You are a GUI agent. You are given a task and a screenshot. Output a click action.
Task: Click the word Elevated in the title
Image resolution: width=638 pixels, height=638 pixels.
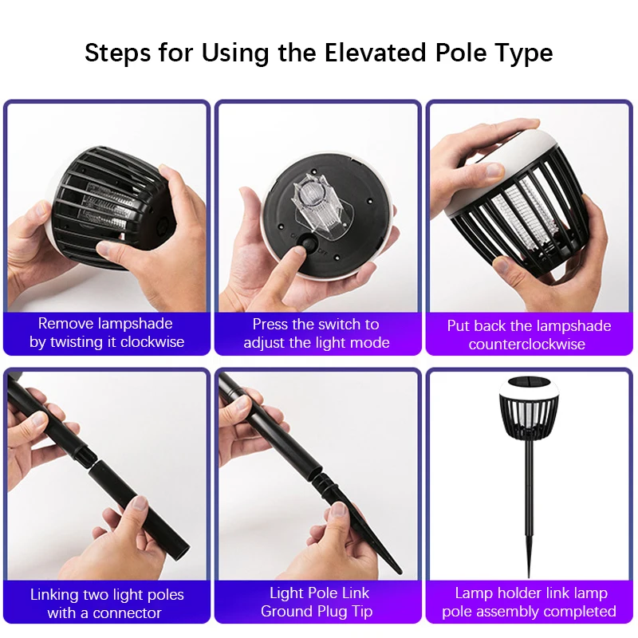coord(375,53)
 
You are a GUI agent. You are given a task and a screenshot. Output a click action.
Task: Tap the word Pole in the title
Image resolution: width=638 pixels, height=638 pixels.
coord(461,53)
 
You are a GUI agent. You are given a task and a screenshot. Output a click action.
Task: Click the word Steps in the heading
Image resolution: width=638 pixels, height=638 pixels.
coord(117,53)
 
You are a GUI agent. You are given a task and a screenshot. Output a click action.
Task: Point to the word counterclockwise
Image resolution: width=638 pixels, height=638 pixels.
coord(527,345)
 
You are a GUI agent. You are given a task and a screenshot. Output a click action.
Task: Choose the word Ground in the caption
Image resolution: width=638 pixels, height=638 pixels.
coord(286,611)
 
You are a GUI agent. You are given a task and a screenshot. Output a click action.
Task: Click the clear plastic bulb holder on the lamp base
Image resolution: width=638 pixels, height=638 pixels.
coord(321,207)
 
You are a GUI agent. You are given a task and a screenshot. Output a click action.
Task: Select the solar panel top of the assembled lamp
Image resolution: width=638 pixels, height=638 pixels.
coord(529,383)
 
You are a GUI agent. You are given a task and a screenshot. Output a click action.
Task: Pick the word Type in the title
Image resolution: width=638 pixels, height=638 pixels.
coord(524,53)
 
